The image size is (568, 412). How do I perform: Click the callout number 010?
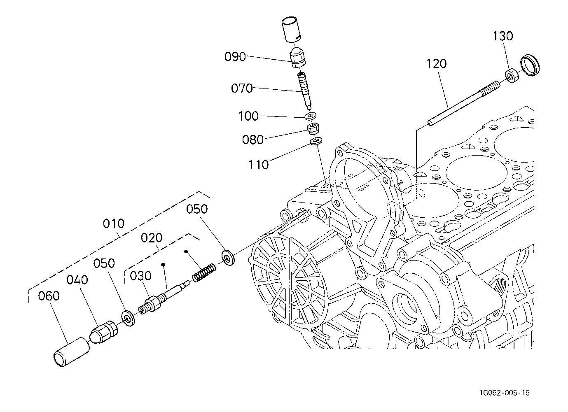(x=113, y=224)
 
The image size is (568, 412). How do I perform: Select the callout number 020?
(x=152, y=238)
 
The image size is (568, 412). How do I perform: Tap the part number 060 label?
(x=49, y=296)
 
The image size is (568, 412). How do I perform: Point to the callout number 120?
(x=437, y=64)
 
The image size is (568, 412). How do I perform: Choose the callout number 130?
(x=503, y=36)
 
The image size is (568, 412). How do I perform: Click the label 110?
(x=259, y=165)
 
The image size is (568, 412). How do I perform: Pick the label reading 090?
(x=235, y=57)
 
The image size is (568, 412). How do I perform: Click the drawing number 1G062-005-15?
(x=505, y=393)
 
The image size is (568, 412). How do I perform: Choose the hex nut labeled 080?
(x=313, y=128)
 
